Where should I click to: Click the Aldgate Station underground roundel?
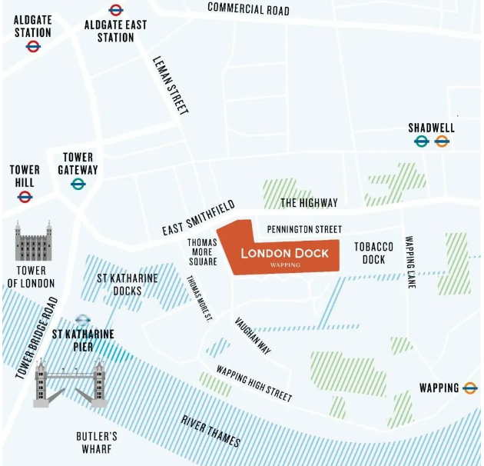(x=33, y=47)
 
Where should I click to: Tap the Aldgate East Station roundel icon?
(x=116, y=10)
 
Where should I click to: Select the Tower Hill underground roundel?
(x=25, y=197)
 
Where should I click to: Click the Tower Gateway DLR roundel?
(x=78, y=184)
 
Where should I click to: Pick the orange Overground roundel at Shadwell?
(x=442, y=141)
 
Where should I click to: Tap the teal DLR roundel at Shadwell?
(x=421, y=141)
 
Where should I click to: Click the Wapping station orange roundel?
(x=470, y=388)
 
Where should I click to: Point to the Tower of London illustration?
(x=32, y=242)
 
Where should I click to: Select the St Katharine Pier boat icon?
(x=83, y=320)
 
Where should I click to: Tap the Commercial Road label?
(x=249, y=9)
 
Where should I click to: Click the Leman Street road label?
(x=171, y=85)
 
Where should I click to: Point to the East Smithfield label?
(x=198, y=220)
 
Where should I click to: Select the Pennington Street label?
(x=303, y=229)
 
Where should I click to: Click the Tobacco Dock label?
(x=373, y=253)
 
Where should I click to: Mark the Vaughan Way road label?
(x=253, y=335)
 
